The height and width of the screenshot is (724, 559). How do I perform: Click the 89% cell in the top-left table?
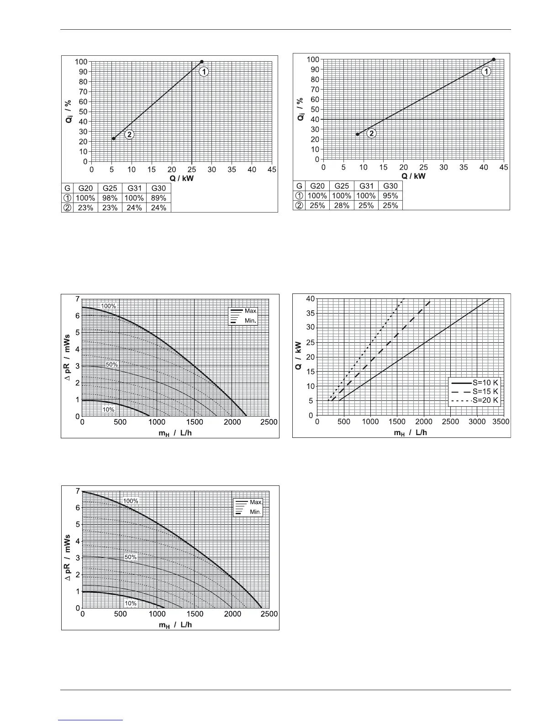pyautogui.click(x=158, y=198)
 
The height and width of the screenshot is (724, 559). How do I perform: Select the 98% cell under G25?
pyautogui.click(x=110, y=198)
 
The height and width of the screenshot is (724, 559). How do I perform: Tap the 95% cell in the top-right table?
pyautogui.click(x=390, y=196)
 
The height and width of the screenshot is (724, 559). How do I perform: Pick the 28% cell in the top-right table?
pyautogui.click(x=342, y=205)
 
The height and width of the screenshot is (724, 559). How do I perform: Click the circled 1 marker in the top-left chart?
pyautogui.click(x=204, y=72)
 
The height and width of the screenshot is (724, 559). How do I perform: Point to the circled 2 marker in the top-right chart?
pyautogui.click(x=372, y=133)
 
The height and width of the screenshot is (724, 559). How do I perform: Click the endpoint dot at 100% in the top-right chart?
pyautogui.click(x=494, y=59)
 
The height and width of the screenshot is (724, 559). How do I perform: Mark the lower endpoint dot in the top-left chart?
pyautogui.click(x=114, y=138)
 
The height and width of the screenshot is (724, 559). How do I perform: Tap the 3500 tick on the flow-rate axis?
pyautogui.click(x=501, y=422)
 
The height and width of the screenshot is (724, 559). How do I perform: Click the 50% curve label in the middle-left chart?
pyautogui.click(x=112, y=365)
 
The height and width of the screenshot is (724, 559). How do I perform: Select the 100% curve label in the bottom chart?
pyautogui.click(x=131, y=501)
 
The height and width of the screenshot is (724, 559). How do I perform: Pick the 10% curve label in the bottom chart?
pyautogui.click(x=131, y=603)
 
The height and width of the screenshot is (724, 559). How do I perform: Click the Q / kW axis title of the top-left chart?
pyautogui.click(x=182, y=178)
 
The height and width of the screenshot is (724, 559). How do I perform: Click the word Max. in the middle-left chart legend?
pyautogui.click(x=251, y=311)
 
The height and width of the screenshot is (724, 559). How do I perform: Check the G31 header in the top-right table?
pyautogui.click(x=366, y=186)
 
